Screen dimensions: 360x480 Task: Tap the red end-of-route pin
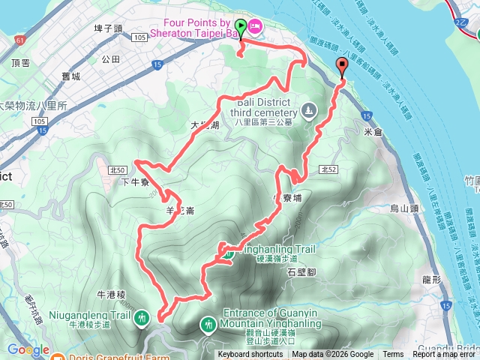(x=343, y=66)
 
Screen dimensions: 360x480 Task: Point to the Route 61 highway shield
(x=19, y=38)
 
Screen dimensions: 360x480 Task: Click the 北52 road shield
(x=327, y=170)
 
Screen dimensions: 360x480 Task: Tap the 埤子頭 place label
(x=108, y=28)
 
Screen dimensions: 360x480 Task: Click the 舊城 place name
(x=71, y=77)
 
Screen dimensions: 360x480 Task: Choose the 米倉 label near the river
(x=373, y=132)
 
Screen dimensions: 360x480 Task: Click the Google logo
(x=28, y=349)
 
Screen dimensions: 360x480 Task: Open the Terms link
(x=393, y=355)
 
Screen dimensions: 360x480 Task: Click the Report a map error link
(x=445, y=355)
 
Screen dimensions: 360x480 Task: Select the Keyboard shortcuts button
(x=250, y=355)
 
